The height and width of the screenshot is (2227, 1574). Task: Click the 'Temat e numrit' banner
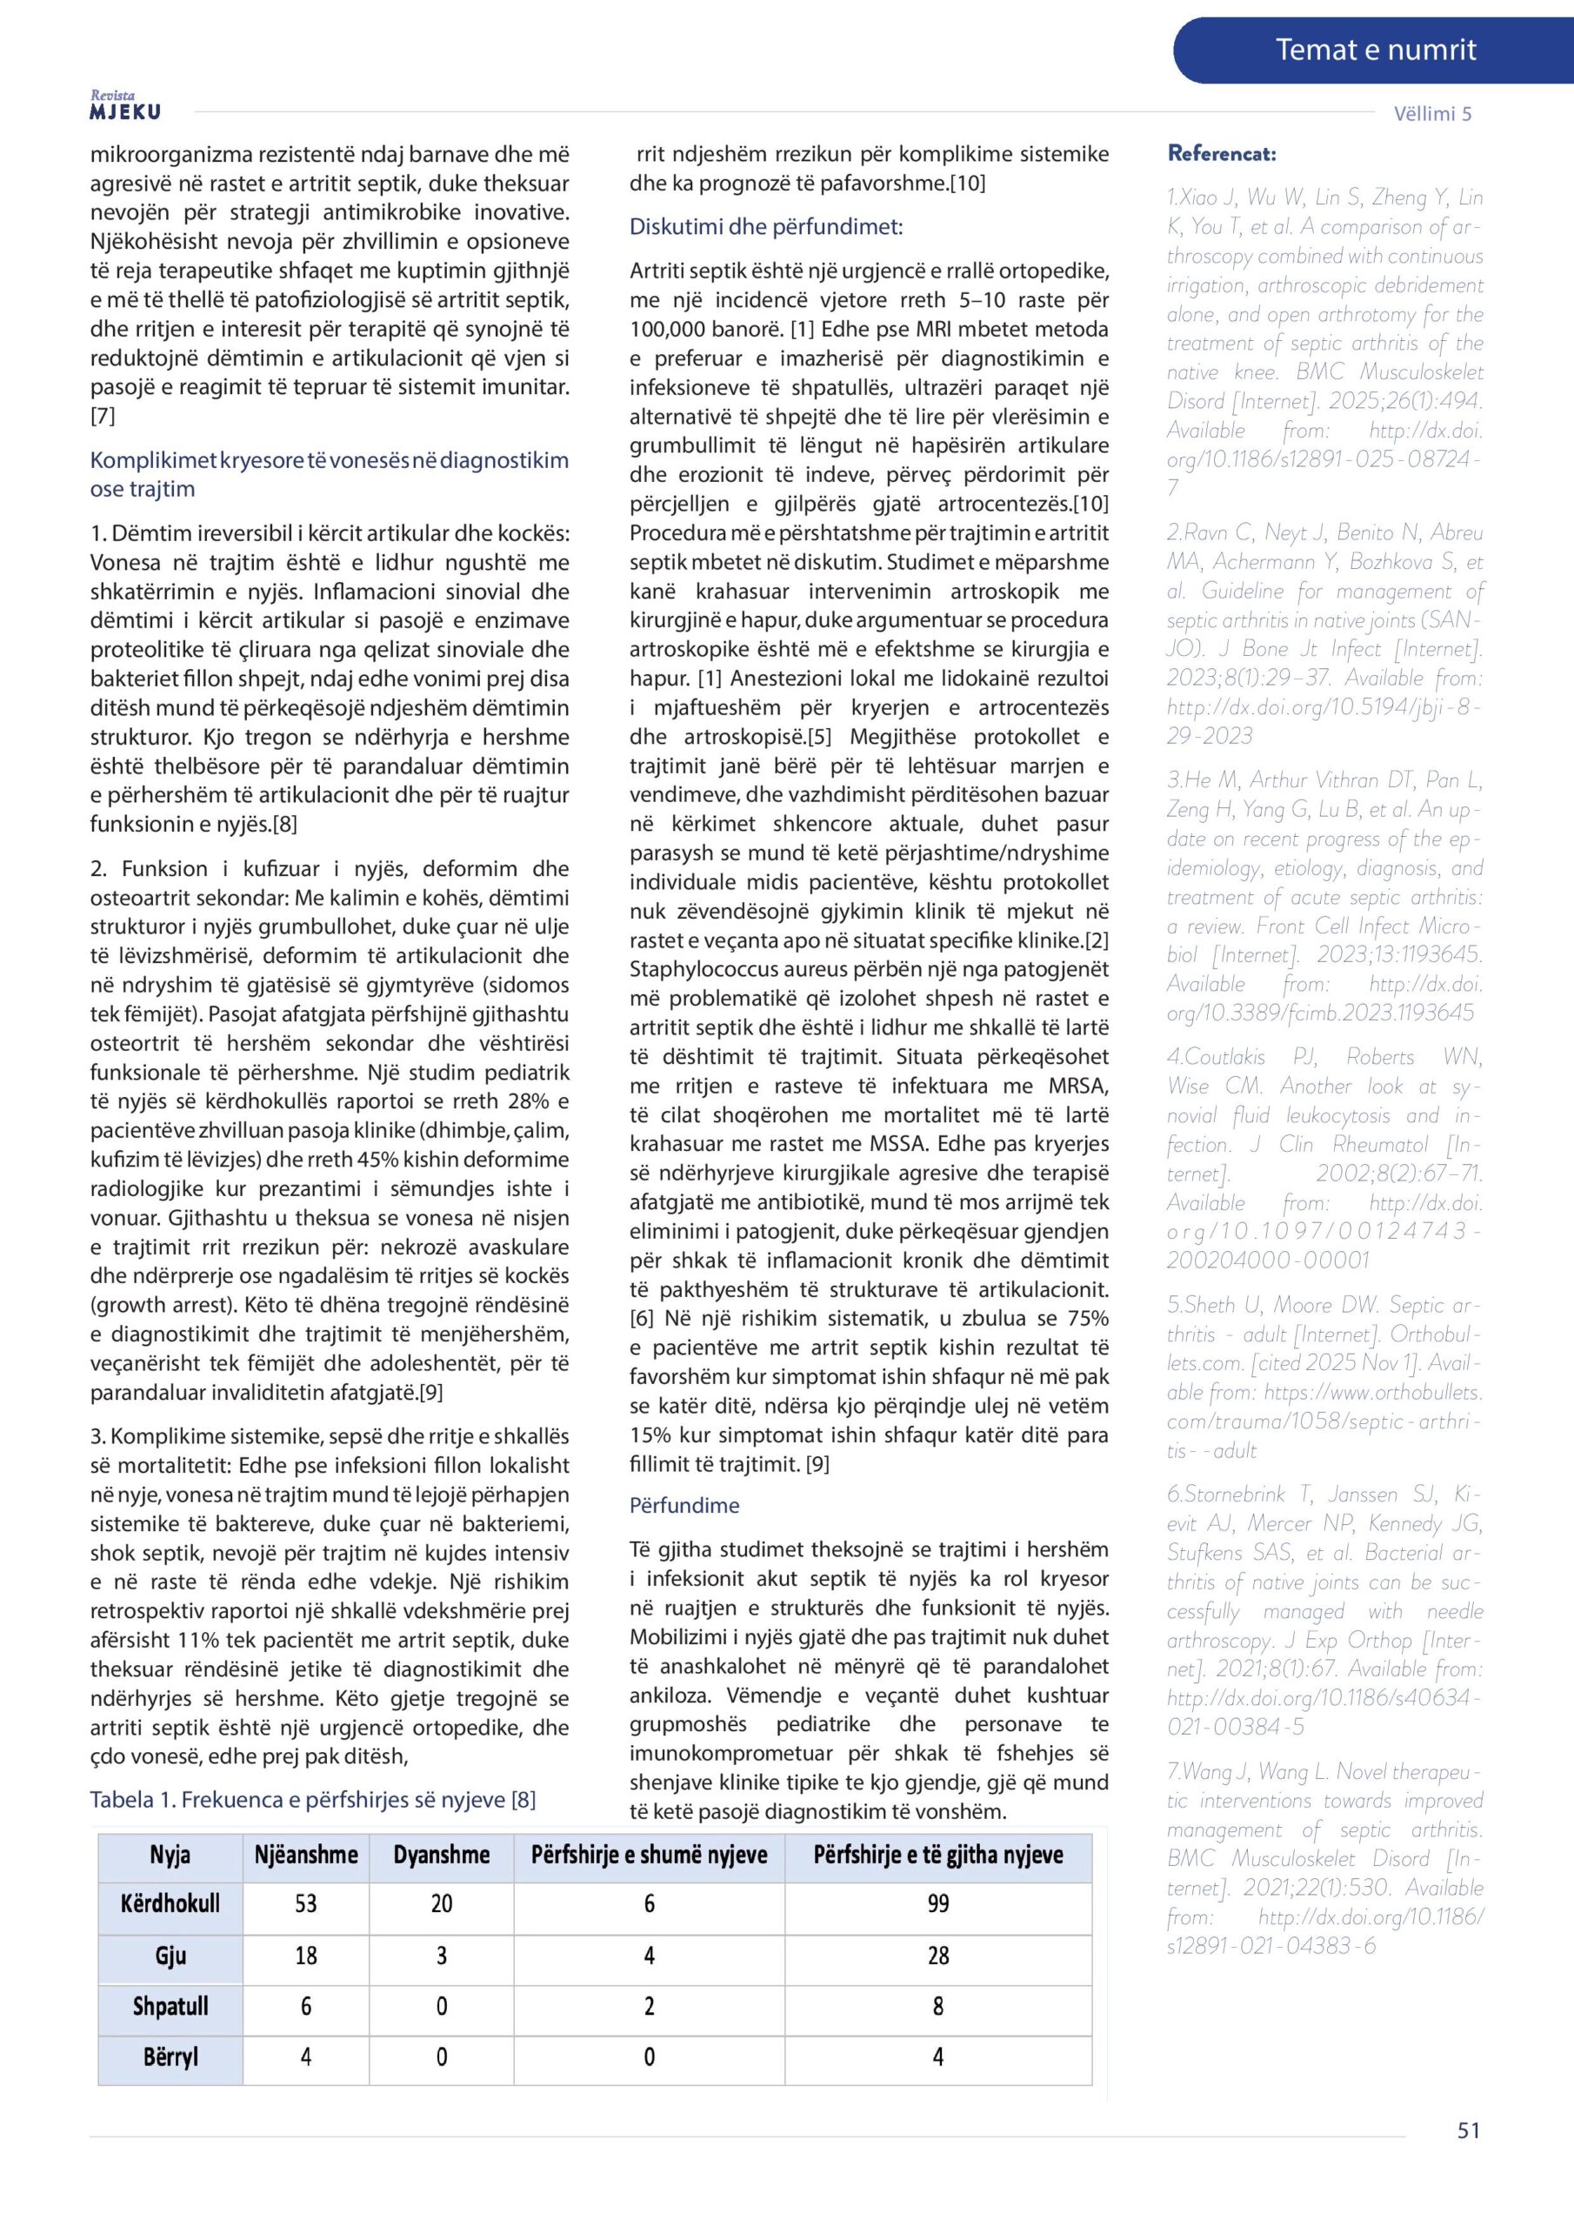[1374, 50]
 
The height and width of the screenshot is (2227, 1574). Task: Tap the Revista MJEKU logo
[125, 106]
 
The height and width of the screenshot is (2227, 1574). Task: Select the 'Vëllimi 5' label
[1431, 113]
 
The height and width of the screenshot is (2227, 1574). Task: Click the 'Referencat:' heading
[1221, 153]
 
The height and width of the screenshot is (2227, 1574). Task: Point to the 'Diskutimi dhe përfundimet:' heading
[766, 227]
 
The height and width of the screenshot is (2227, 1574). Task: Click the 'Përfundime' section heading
[684, 1505]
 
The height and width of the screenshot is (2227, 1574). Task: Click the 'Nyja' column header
[170, 1856]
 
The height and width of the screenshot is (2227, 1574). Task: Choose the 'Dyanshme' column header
[441, 1856]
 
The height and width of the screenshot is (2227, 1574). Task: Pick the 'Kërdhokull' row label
[170, 1904]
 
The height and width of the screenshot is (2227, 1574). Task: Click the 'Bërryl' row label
[170, 2056]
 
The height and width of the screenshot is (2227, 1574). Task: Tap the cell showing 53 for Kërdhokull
[305, 1904]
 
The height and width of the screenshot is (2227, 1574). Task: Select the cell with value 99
[937, 1904]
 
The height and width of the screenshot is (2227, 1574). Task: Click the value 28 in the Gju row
[937, 1956]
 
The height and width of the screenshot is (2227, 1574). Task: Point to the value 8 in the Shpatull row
[937, 2006]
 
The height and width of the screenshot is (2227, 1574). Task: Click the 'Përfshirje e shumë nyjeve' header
[649, 1856]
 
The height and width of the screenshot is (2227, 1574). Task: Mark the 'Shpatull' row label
[170, 2006]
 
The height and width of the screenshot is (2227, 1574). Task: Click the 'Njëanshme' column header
[305, 1856]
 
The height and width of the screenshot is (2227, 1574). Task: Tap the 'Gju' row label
[170, 1956]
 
